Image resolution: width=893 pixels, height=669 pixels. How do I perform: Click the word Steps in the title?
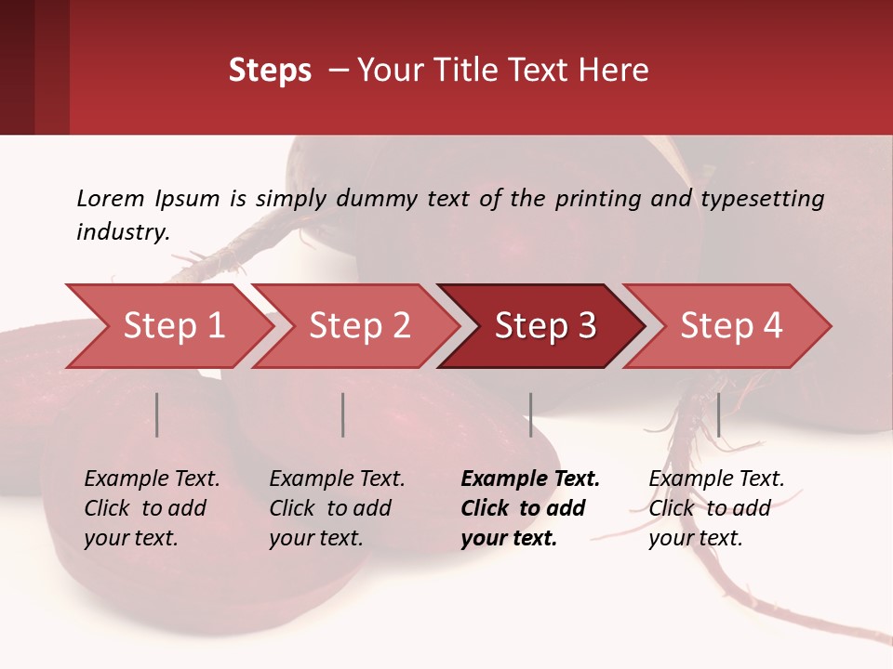pyautogui.click(x=270, y=71)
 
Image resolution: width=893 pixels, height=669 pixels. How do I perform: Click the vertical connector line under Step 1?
pyautogui.click(x=157, y=414)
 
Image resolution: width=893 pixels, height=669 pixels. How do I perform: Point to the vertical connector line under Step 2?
pyautogui.click(x=343, y=414)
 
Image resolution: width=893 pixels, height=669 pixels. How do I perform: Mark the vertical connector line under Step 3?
pyautogui.click(x=530, y=414)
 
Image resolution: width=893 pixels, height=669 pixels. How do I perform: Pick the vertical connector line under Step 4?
pyautogui.click(x=718, y=414)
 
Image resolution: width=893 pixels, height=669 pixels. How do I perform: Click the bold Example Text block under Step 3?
pyautogui.click(x=529, y=508)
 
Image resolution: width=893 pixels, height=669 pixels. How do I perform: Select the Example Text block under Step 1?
pyautogui.click(x=152, y=508)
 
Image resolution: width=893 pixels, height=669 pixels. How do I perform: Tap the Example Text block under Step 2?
pyautogui.click(x=337, y=508)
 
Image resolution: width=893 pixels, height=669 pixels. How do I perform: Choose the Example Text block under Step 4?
pyautogui.click(x=716, y=508)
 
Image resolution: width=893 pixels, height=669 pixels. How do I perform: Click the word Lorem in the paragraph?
pyautogui.click(x=111, y=199)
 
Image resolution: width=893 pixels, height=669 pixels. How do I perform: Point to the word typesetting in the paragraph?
pyautogui.click(x=762, y=199)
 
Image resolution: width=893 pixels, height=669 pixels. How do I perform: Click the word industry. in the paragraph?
pyautogui.click(x=123, y=232)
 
